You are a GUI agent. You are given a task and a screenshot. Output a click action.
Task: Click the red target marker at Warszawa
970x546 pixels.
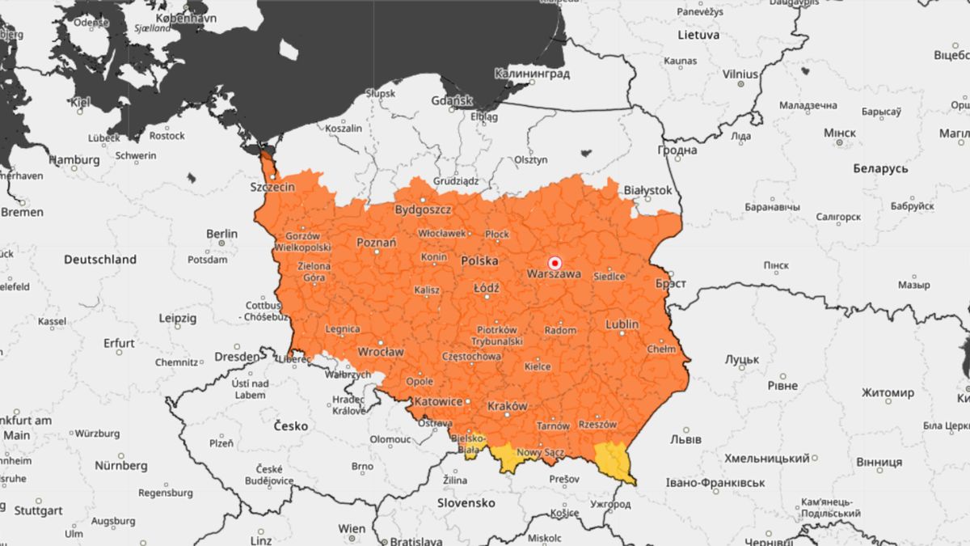[555, 263]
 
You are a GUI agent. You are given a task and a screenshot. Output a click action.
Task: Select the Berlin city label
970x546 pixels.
[221, 234]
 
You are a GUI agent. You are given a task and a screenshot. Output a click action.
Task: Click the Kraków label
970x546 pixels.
[508, 405]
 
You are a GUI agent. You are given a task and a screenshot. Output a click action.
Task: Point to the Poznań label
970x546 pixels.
[377, 242]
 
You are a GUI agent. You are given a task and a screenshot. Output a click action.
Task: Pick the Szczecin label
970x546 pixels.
[272, 187]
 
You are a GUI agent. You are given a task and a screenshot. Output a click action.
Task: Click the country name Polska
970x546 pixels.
[479, 260]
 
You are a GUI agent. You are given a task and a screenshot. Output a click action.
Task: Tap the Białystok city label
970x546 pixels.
[647, 190]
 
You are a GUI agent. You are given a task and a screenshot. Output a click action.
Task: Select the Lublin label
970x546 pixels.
[622, 324]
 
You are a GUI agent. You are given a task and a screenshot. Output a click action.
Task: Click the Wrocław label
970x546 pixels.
[381, 352]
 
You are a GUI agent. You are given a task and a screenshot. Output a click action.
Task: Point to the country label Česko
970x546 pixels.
[290, 425]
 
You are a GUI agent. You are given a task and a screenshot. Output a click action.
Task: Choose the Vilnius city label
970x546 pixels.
[740, 74]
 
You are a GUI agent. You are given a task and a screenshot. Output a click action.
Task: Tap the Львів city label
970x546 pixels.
[686, 439]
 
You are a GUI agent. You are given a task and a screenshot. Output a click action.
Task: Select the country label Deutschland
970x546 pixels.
[100, 260]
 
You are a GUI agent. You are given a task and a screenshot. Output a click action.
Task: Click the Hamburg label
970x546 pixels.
[74, 160]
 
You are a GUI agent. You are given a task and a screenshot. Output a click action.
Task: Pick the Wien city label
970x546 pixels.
[352, 528]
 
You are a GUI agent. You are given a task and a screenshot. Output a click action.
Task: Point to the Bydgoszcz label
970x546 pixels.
[423, 210]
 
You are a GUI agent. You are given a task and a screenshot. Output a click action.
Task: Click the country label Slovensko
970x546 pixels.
[466, 502]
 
